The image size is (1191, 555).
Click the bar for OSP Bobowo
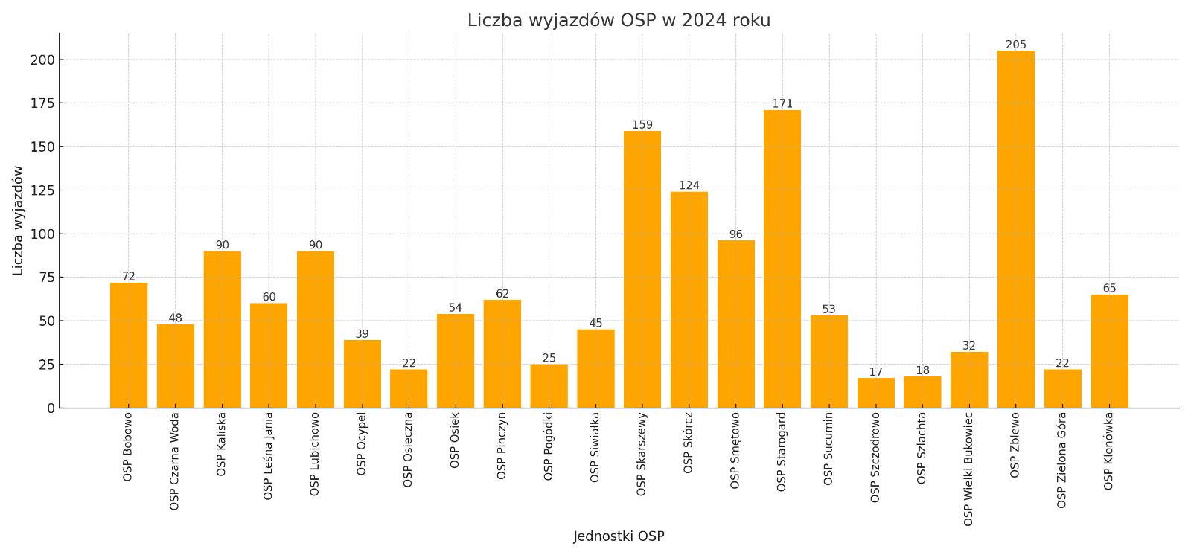pyautogui.click(x=128, y=345)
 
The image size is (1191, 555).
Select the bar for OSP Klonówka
pyautogui.click(x=1109, y=351)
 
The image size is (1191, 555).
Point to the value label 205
pyautogui.click(x=1015, y=45)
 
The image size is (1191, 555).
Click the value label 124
pyautogui.click(x=689, y=185)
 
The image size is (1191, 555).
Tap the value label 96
pyautogui.click(x=735, y=234)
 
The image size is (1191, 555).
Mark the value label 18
pyautogui.click(x=922, y=370)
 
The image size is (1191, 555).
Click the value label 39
pyautogui.click(x=362, y=334)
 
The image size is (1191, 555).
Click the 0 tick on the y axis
pyautogui.click(x=51, y=408)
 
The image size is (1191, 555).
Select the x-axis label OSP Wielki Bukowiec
pyautogui.click(x=968, y=469)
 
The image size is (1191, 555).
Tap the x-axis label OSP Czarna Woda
pyautogui.click(x=175, y=461)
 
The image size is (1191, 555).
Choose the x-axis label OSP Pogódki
pyautogui.click(x=549, y=446)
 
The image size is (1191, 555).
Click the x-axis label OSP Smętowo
pyautogui.click(x=735, y=450)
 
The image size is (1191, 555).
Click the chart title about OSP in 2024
pyautogui.click(x=619, y=20)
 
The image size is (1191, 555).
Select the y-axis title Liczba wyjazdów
pyautogui.click(x=19, y=220)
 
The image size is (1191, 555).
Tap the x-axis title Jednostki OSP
pyautogui.click(x=619, y=536)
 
